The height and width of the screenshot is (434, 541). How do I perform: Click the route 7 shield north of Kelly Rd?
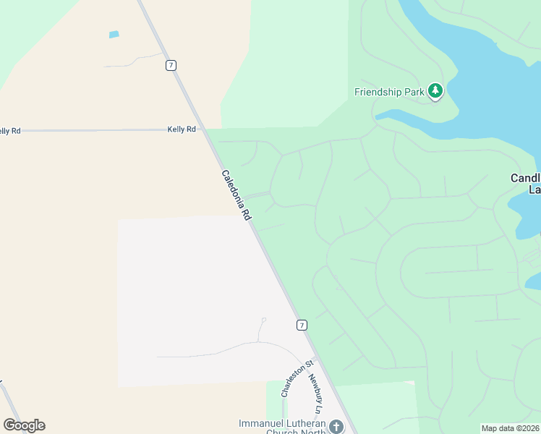click(171, 65)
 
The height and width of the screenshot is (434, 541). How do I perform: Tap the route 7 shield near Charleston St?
click(302, 325)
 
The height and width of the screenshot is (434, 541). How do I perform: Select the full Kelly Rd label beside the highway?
click(182, 129)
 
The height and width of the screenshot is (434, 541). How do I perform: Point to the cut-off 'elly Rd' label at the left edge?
click(10, 130)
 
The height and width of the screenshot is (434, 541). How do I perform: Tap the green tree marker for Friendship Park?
click(435, 91)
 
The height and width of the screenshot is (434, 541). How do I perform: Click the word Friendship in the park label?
click(378, 92)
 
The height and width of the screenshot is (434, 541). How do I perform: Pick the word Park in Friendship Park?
click(412, 92)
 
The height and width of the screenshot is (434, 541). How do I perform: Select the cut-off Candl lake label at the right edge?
click(526, 183)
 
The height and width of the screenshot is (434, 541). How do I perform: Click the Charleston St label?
click(297, 378)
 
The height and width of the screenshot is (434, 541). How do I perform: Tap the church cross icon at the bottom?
click(336, 426)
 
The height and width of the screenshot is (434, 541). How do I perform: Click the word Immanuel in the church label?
click(259, 423)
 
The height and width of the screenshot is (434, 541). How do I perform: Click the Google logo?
click(24, 425)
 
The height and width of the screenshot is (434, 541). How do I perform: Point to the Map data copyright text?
click(511, 428)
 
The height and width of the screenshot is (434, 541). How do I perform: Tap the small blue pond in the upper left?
click(114, 34)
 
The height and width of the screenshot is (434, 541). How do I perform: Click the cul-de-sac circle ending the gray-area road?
click(263, 320)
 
